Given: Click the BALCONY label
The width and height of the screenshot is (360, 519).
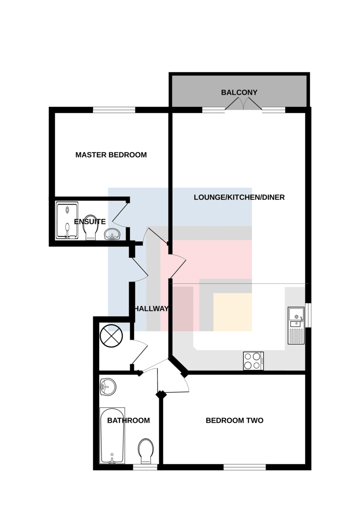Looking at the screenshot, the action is point(239,93).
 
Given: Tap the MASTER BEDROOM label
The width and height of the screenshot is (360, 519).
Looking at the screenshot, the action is point(111,155).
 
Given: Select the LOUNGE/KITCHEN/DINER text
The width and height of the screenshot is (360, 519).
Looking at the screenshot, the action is point(239,197).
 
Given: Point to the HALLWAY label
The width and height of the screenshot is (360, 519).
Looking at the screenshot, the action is point(151,309).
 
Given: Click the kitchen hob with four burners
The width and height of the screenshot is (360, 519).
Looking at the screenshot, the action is point(254,361).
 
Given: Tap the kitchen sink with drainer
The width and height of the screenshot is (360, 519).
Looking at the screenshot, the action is point(296,326).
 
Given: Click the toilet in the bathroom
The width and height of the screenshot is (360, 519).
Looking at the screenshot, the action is point(146,452).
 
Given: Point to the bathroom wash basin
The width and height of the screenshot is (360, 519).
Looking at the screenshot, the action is point(108,387).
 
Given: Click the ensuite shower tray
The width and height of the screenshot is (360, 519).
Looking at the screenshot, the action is point(67,220).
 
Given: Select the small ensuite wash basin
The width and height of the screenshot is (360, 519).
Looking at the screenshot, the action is point(112,234).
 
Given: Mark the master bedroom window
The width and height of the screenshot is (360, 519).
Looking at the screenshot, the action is point(114,110).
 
